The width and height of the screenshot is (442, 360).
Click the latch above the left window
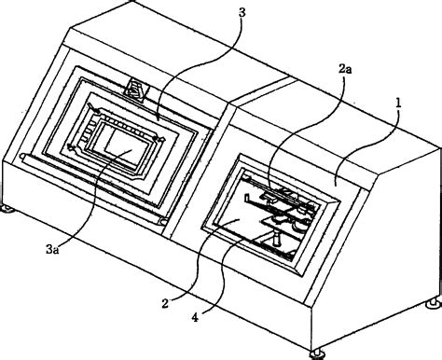(x=136, y=90)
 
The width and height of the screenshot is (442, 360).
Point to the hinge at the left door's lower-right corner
(x=165, y=223)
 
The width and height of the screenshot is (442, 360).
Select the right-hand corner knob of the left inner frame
(x=163, y=140)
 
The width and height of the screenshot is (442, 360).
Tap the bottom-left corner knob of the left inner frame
(x=72, y=149)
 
